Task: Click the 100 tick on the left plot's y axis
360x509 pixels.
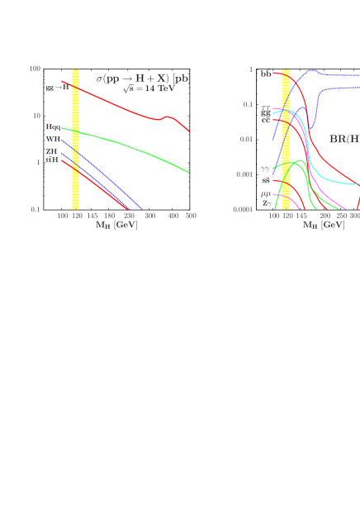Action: (x=36, y=69)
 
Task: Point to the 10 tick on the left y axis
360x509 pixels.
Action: (x=36, y=116)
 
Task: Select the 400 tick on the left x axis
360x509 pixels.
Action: (x=173, y=216)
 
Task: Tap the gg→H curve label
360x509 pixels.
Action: (x=57, y=88)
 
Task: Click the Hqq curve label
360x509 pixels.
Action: (x=53, y=127)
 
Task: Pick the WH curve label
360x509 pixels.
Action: (x=53, y=140)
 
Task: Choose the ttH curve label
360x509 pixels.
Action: (x=52, y=159)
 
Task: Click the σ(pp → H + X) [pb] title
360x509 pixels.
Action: (x=143, y=78)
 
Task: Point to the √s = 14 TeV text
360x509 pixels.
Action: (x=149, y=88)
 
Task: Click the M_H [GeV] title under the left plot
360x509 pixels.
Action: (x=116, y=225)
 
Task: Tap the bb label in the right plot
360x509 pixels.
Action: (x=266, y=74)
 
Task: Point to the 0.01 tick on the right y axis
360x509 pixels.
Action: (x=245, y=139)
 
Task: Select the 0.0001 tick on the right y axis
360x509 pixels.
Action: (x=243, y=210)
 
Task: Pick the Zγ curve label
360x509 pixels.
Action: (x=265, y=202)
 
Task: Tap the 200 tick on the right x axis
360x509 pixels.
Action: (x=324, y=216)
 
